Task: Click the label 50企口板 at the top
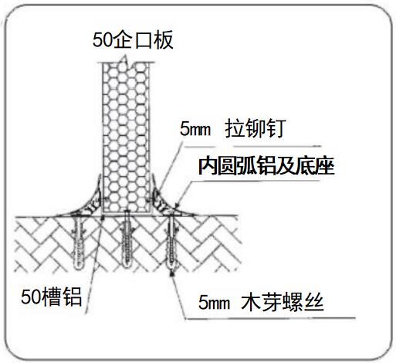(133, 40)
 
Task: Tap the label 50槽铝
(52, 297)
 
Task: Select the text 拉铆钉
(256, 128)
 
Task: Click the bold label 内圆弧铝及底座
(266, 166)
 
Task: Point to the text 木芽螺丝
(283, 302)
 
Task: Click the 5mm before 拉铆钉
(195, 129)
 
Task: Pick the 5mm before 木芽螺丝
(214, 302)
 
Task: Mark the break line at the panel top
(126, 62)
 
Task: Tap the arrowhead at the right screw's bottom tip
(171, 274)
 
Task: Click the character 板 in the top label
(164, 40)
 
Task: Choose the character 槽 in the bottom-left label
(52, 297)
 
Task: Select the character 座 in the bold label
(325, 166)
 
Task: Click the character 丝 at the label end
(314, 302)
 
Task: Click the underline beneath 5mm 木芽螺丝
(270, 318)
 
